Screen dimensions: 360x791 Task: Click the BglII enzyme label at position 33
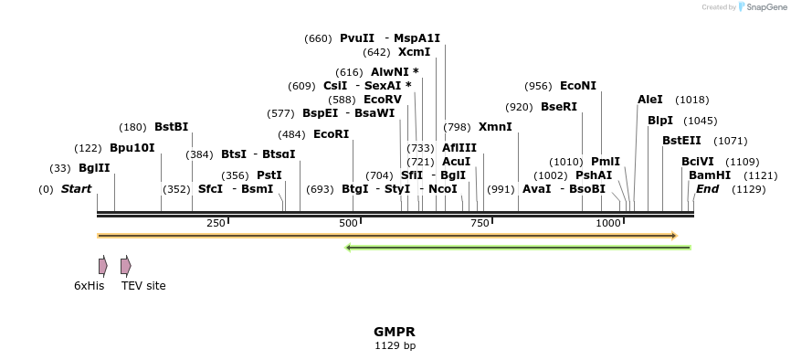coord(94,167)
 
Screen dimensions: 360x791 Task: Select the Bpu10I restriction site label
coord(132,147)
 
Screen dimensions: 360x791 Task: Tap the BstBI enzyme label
coord(171,127)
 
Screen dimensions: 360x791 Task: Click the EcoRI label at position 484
coord(331,133)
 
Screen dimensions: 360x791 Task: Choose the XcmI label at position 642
coord(414,52)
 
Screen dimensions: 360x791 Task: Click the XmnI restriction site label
coord(495,127)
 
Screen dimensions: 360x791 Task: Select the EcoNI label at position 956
coord(577,86)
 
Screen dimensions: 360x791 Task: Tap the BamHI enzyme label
coord(709,175)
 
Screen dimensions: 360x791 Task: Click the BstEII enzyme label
coord(681,141)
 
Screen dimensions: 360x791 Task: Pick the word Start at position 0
coord(76,189)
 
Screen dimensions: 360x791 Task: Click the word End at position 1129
coord(707,189)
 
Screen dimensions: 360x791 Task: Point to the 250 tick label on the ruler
coord(216,224)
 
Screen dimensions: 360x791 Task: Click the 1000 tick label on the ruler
coord(607,224)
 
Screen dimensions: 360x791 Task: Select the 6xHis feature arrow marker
coord(103,266)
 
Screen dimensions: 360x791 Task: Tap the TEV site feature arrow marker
coord(126,266)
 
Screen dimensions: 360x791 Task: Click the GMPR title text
coord(395,332)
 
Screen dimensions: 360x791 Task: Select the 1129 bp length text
coord(395,346)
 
